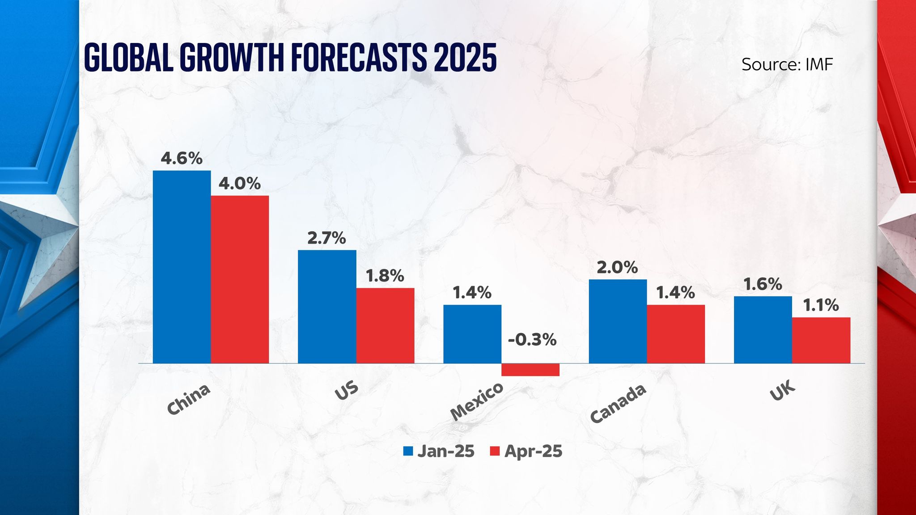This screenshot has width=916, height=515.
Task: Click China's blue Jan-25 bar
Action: point(182,267)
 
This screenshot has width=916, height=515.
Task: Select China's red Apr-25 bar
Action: point(240,279)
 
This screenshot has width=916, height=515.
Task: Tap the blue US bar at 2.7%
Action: point(327,307)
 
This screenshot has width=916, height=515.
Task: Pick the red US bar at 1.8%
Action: point(385,325)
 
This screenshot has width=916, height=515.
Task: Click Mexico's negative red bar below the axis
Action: point(530,370)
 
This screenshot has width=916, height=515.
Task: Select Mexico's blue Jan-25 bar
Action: point(472,334)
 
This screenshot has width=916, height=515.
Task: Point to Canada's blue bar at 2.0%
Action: point(618,321)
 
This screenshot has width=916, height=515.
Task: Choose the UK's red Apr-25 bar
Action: point(821,340)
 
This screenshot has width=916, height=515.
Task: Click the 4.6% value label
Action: point(182,158)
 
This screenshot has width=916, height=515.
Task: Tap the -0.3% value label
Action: point(532,340)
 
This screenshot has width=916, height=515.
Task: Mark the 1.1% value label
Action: point(821,305)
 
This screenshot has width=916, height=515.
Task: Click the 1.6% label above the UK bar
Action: point(763,284)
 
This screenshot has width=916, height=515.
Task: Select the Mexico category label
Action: point(477,402)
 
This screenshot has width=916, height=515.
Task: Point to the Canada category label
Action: point(618,403)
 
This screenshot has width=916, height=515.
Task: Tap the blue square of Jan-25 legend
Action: point(408,451)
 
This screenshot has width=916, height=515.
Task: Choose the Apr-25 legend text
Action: point(533,451)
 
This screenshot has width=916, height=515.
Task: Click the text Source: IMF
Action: point(787,64)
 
